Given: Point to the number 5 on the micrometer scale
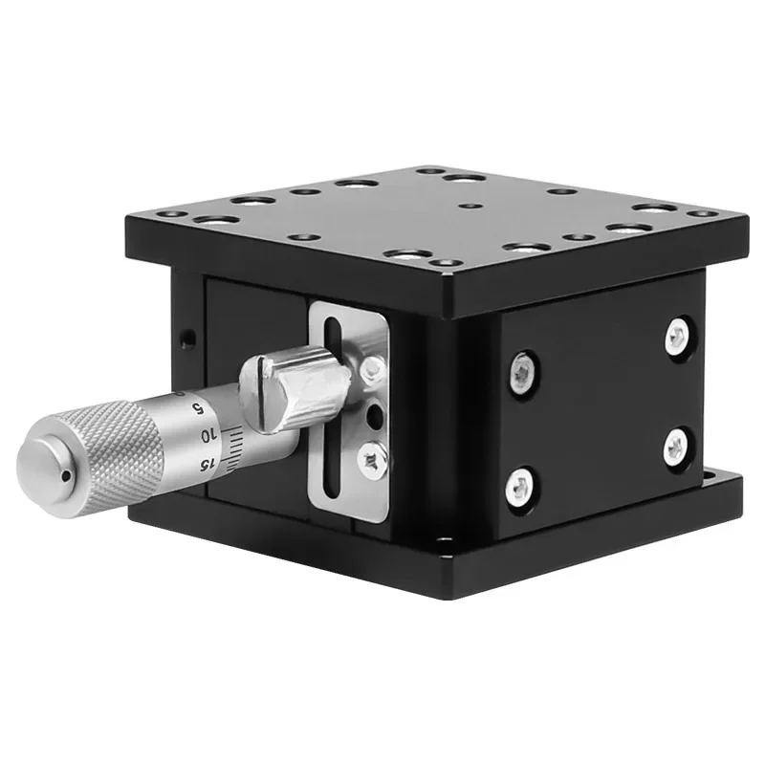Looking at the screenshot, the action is click(198, 407).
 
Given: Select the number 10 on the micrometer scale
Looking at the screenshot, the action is click(208, 436).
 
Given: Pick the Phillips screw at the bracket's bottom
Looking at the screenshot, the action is click(373, 459).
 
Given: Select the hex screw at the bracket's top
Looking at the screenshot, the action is click(373, 368).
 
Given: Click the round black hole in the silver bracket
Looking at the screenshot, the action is click(375, 415).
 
